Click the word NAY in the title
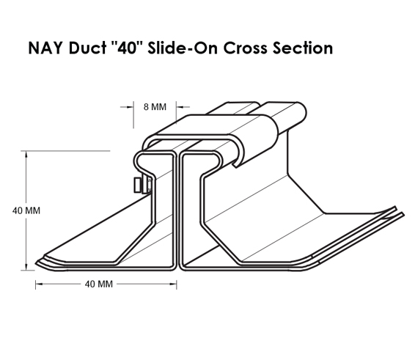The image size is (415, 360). pos(45,48)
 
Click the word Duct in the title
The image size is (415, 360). pos(87,48)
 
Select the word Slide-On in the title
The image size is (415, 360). pos(183,48)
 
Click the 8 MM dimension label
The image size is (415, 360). pos(155,107)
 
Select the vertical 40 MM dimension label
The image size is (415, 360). pos(26,210)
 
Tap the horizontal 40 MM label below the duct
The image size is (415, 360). pos(99,284)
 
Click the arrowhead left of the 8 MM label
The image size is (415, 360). pos(130,107)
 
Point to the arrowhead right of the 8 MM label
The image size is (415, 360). pos(180,107)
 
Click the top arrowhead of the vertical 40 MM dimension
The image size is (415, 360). pos(26,154)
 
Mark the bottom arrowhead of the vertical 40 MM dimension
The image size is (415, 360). pos(26,267)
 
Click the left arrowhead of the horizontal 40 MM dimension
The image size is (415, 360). pos(39,284)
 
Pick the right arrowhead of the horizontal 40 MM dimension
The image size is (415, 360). pos(173,284)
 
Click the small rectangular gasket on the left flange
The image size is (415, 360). pos(137,185)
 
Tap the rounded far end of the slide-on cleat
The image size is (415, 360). pos(303,112)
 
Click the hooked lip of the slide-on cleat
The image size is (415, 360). pos(236,164)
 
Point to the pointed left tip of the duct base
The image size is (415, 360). pos(36,263)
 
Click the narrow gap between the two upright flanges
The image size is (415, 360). pos(178,212)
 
